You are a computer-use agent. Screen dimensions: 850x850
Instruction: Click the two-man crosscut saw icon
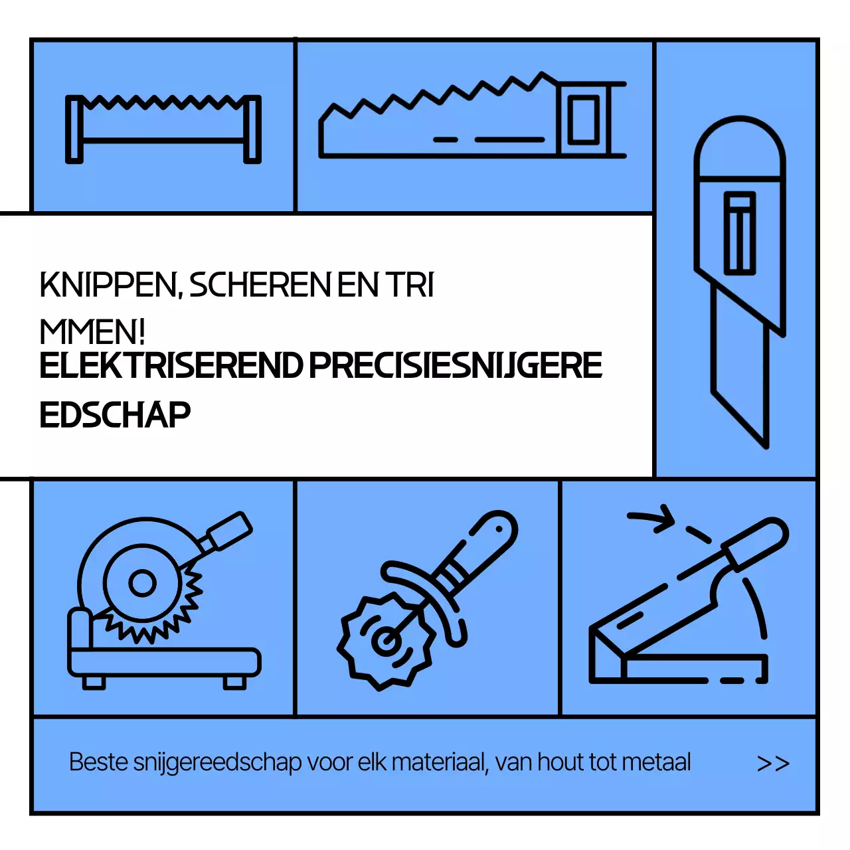coord(163,128)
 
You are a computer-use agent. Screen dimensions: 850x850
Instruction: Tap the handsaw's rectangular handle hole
coord(584,120)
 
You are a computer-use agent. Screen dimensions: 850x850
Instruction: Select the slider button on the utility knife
coord(739,232)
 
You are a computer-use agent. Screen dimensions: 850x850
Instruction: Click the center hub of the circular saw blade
coord(142,584)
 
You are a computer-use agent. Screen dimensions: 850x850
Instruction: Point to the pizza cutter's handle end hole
coord(499,529)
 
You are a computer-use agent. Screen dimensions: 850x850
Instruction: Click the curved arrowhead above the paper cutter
coord(664,517)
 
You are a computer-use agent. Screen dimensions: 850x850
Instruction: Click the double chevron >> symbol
coord(773,764)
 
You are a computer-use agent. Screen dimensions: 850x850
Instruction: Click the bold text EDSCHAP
coord(115,415)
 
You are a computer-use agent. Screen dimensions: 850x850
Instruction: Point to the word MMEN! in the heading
coord(92,331)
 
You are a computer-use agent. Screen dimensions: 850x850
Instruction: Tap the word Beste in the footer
coord(98,762)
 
